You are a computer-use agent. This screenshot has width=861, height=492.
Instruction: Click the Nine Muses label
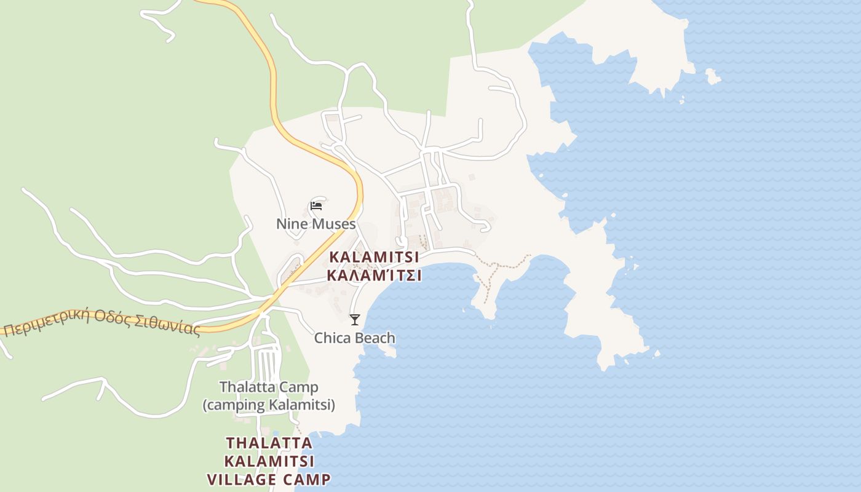coord(315,224)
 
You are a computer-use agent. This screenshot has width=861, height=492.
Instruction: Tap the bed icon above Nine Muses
coord(316,205)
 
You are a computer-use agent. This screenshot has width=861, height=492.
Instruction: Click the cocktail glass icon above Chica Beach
coord(354,319)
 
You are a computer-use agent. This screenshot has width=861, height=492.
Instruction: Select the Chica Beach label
coord(354,338)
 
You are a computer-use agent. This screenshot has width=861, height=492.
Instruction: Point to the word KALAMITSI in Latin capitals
coord(374,257)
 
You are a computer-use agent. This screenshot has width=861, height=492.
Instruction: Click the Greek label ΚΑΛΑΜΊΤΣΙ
coord(374,275)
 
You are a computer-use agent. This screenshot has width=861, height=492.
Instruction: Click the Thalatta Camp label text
coord(269,387)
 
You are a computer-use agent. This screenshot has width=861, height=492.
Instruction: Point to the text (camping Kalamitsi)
coord(269,405)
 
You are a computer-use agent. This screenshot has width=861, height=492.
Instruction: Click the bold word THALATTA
coord(269,443)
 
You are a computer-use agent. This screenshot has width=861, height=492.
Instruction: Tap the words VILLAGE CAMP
coord(269,480)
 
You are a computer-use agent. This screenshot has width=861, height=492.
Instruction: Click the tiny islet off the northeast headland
coord(713,76)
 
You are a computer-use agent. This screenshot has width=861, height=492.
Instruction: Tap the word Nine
coord(290,224)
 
